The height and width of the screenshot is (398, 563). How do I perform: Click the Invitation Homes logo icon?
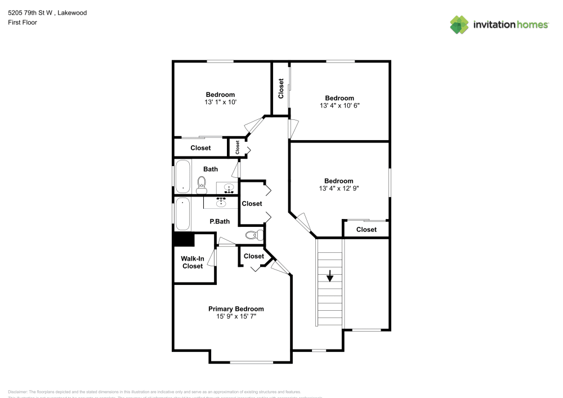point(459,24)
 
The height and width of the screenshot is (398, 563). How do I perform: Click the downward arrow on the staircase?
point(330,276)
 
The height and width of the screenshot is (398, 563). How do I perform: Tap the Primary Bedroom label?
point(236,309)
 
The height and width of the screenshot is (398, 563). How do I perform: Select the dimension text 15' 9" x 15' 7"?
point(236,317)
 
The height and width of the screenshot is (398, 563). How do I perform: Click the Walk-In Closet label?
point(192,262)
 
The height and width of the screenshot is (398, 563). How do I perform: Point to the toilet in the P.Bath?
point(254,235)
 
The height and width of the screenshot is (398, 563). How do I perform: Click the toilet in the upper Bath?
point(202,182)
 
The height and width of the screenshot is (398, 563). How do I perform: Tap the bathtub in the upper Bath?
point(182,176)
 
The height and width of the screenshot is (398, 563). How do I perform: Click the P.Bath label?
point(220,222)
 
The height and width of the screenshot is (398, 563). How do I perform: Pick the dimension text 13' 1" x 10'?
point(220,102)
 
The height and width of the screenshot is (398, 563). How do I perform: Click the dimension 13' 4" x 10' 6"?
point(339,106)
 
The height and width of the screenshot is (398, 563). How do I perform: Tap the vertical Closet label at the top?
point(281,88)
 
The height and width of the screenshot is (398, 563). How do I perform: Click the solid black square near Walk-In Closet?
point(184,239)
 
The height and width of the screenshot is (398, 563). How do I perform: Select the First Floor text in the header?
point(23,23)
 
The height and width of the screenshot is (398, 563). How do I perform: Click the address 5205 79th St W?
point(31,12)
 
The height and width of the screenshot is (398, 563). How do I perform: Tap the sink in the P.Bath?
point(221,202)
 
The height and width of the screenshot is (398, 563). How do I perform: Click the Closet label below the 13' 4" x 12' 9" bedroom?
point(366,230)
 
